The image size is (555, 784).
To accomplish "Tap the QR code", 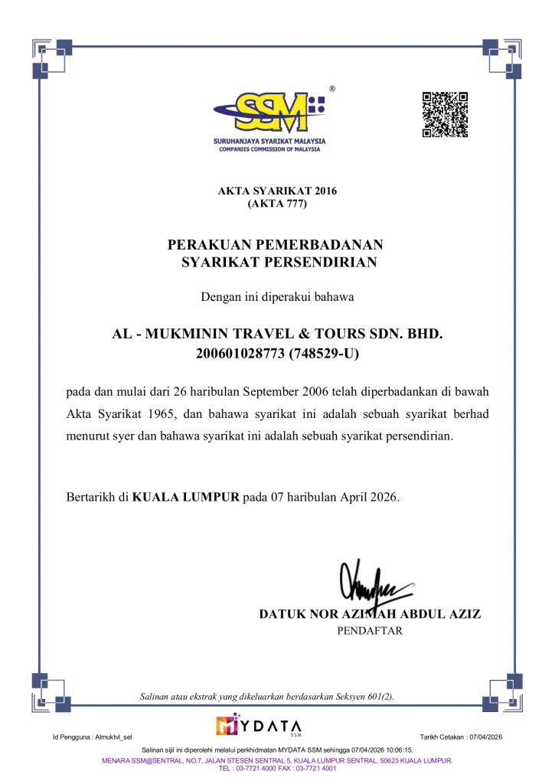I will tap(445, 115).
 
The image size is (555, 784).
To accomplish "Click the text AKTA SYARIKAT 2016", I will tap(277, 191).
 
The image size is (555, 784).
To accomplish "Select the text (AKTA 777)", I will tap(277, 204).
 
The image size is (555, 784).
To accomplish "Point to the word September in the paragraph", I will tap(270, 392).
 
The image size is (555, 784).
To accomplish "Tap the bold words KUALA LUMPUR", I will tap(186, 497).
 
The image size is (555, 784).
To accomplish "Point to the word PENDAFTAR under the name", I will tap(370, 632).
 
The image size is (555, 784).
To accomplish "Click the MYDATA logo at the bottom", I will tap(260, 724).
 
